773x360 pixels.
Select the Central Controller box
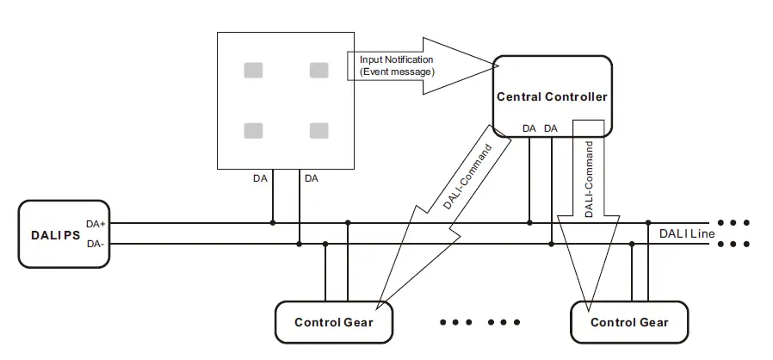pos(552,96)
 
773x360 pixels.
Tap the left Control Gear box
pos(334,322)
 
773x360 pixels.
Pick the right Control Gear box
pos(629,322)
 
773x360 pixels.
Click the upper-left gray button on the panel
pos(253,71)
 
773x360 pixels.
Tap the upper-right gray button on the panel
pos(319,71)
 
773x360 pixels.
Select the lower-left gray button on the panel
pos(253,131)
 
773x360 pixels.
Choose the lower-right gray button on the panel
pos(319,131)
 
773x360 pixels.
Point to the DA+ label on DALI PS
pos(96,224)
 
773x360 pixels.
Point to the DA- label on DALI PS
pos(96,244)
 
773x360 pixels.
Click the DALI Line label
pos(687,233)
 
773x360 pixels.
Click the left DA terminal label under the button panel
pos(260,178)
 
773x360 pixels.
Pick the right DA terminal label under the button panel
pos(311,178)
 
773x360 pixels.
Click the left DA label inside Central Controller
pos(529,128)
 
